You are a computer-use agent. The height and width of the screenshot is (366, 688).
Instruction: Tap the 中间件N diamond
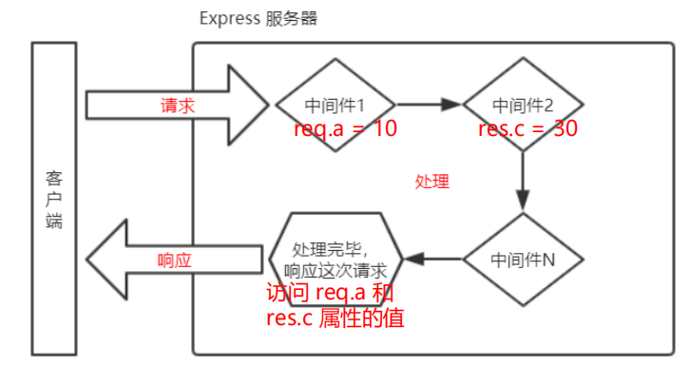pyautogui.click(x=524, y=258)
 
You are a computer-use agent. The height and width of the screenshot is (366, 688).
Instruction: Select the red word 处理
pyautogui.click(x=432, y=181)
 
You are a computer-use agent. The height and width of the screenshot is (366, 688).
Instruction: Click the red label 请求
pyautogui.click(x=178, y=106)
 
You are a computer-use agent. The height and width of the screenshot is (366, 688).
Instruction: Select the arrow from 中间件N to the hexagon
pyautogui.click(x=433, y=259)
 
